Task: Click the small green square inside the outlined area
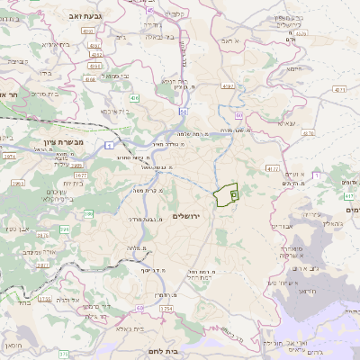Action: click(x=233, y=193)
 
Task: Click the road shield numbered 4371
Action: click(x=338, y=90)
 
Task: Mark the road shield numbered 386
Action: click(x=89, y=214)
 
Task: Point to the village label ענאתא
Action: click(x=287, y=124)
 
